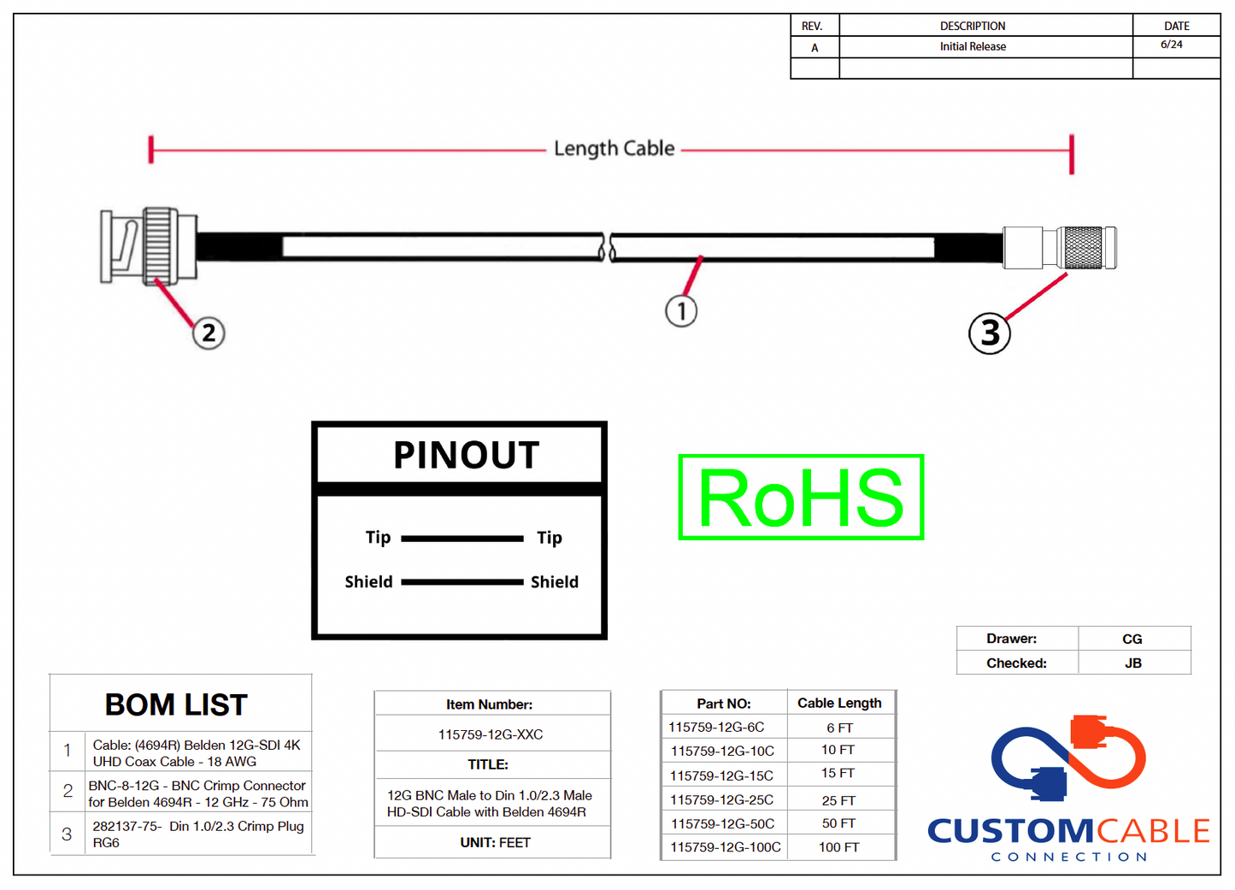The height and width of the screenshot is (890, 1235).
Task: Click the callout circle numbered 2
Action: tap(209, 333)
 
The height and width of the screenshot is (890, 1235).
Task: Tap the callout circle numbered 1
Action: tap(681, 310)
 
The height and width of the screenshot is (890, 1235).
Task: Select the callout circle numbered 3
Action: tap(990, 333)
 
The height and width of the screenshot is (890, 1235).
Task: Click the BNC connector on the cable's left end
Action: tap(147, 246)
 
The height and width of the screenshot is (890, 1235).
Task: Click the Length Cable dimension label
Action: tap(614, 149)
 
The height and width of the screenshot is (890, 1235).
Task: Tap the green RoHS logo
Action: tap(801, 498)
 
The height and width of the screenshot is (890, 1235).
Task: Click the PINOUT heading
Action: tap(466, 455)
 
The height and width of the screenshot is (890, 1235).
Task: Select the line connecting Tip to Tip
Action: tap(462, 539)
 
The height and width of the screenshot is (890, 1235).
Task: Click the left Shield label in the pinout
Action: tap(368, 582)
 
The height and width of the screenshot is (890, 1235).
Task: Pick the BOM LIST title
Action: tap(176, 705)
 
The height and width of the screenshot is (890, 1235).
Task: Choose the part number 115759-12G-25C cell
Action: tap(721, 800)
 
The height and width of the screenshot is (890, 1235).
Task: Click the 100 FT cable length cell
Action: tap(838, 847)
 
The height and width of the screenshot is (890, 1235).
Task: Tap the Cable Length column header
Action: tap(839, 703)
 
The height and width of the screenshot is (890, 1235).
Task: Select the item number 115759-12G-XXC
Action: tap(491, 734)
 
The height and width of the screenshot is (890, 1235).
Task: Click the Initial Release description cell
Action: tap(973, 47)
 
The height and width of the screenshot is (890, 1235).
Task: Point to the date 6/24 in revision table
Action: tap(1172, 44)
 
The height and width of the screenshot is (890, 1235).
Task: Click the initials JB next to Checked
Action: tap(1133, 663)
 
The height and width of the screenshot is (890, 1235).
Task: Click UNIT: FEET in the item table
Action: tap(495, 843)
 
